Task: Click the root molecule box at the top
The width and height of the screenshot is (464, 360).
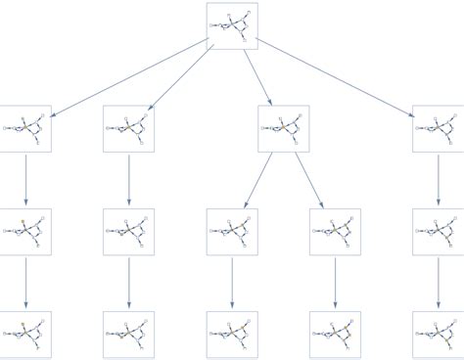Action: click(x=232, y=25)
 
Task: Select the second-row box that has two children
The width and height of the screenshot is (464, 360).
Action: click(x=284, y=128)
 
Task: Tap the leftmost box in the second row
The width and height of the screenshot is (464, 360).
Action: click(x=25, y=128)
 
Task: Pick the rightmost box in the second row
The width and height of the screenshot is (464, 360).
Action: click(x=438, y=128)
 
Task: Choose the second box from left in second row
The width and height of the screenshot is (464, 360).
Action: click(x=128, y=128)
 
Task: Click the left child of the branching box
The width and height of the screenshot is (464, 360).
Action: click(x=232, y=232)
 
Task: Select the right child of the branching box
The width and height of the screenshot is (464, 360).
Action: click(x=335, y=232)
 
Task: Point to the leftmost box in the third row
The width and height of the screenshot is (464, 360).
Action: click(x=25, y=232)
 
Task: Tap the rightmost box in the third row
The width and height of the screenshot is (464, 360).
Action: click(x=438, y=232)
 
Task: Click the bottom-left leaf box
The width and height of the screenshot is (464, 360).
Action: click(x=25, y=335)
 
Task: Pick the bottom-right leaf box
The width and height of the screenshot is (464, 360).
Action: click(x=438, y=335)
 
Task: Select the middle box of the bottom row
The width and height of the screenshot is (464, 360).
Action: click(x=232, y=335)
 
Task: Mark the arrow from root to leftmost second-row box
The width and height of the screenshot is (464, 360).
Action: click(x=128, y=77)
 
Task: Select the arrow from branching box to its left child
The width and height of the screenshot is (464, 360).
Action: click(x=258, y=180)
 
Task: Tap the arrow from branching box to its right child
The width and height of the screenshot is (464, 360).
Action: click(x=309, y=180)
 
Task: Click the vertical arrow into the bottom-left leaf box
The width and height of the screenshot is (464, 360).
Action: click(x=25, y=283)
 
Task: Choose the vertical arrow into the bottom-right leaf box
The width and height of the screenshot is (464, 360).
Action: click(x=438, y=283)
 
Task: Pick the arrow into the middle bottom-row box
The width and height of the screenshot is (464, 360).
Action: click(x=232, y=283)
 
